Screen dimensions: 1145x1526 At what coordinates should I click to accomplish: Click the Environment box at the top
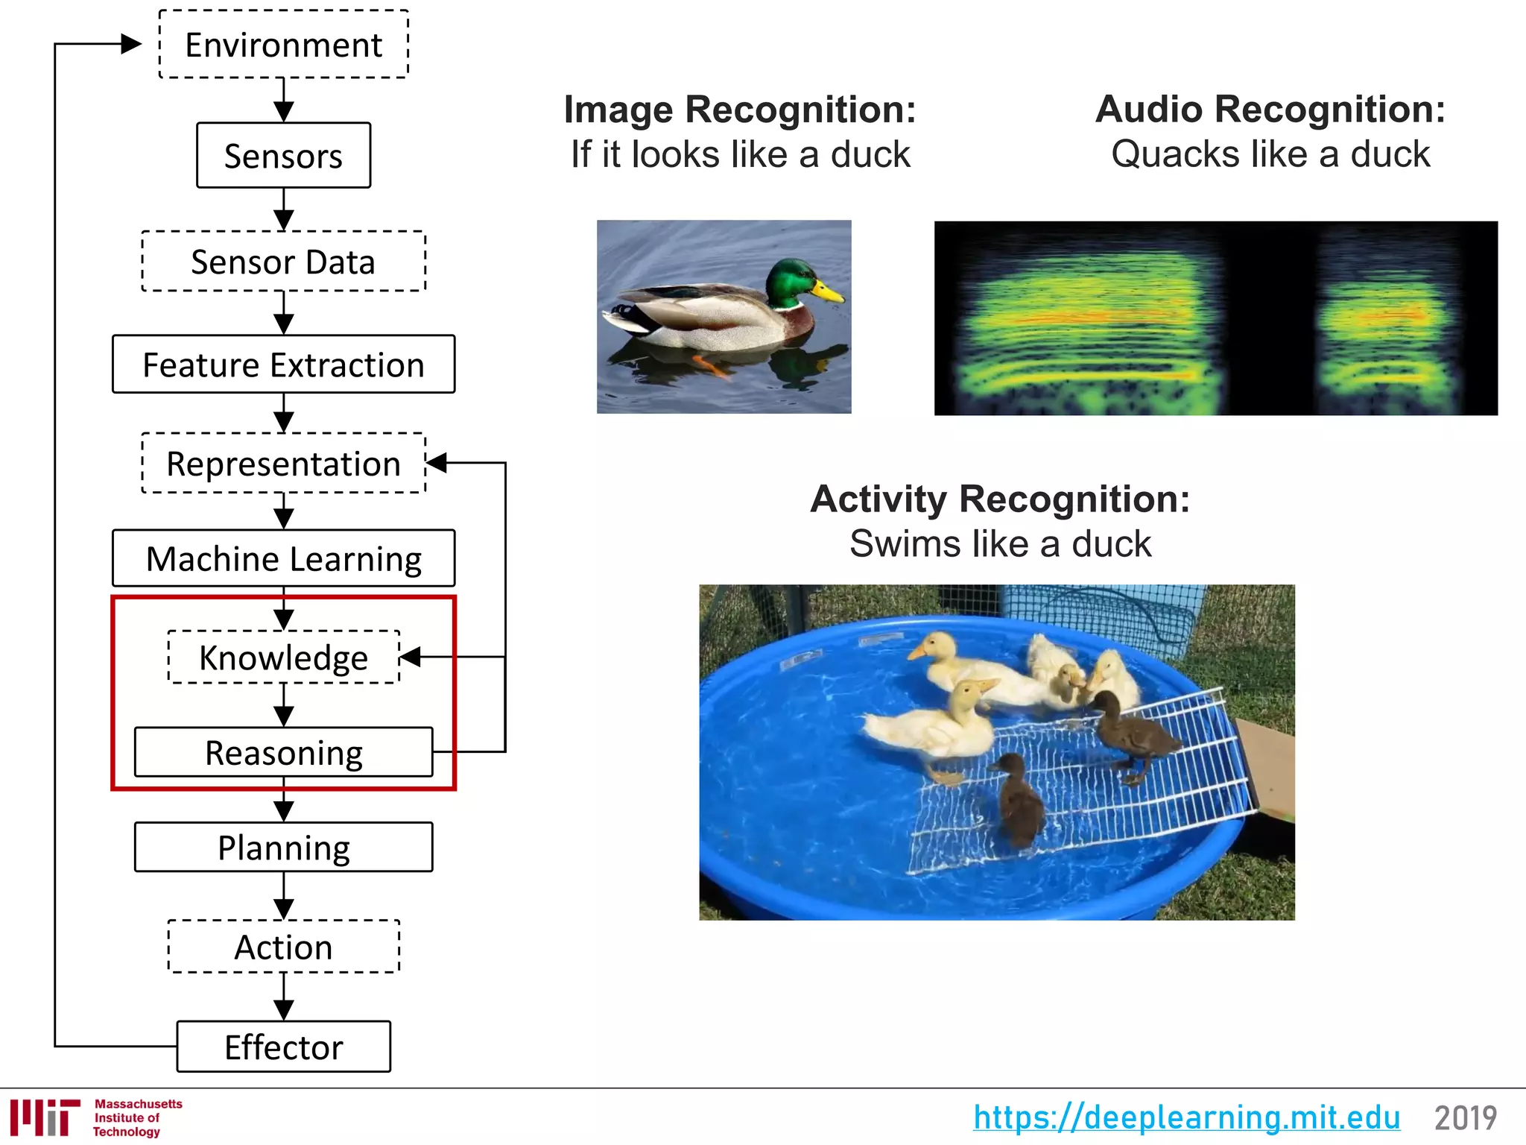(283, 45)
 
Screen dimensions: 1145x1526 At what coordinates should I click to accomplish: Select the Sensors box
(283, 156)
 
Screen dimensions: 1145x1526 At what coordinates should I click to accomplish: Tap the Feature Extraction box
(283, 365)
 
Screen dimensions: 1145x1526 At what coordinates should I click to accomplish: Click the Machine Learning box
(283, 558)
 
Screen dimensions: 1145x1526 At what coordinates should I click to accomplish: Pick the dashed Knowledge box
(283, 657)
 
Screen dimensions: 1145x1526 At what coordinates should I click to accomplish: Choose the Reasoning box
(283, 752)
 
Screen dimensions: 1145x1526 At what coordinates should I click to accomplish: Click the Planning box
(283, 848)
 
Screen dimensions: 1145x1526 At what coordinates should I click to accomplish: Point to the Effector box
(283, 1047)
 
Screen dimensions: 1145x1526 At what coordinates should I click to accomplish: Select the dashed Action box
(283, 947)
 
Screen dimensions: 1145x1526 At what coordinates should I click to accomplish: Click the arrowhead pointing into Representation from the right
(437, 463)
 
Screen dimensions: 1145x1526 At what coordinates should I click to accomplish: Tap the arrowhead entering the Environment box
(130, 44)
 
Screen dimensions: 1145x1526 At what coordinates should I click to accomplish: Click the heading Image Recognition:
(739, 110)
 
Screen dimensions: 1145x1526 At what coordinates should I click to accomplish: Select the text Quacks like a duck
(1270, 154)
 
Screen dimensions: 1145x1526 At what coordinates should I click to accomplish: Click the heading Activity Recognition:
(1000, 499)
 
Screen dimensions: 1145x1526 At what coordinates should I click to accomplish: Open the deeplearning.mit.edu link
(1186, 1117)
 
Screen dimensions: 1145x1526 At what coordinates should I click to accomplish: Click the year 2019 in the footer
(1465, 1117)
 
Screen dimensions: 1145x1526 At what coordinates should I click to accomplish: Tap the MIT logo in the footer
(45, 1117)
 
